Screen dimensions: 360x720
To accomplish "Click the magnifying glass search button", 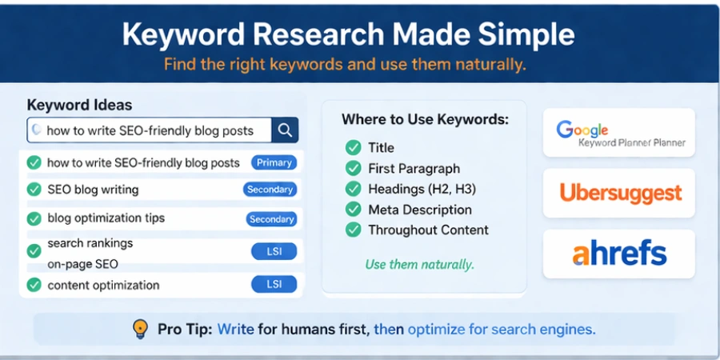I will pos(285,130).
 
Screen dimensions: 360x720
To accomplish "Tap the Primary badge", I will pos(274,162).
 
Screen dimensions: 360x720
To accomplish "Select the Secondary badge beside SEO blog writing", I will pos(270,190).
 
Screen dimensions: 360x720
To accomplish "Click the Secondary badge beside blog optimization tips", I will pos(271,219).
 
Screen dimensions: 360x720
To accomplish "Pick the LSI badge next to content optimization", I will pos(274,284).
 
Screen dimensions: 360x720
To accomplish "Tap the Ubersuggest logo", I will pos(619,193).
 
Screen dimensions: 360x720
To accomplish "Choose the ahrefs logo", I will pos(619,254).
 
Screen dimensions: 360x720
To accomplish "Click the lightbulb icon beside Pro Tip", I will pos(140,329).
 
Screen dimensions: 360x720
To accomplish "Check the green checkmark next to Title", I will pos(353,147).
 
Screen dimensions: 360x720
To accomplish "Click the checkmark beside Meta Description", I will pos(353,210).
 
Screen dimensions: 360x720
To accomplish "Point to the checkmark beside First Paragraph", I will pos(353,168).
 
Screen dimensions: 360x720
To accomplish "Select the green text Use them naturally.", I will pos(419,264).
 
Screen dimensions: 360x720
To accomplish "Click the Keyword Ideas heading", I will pos(79,105).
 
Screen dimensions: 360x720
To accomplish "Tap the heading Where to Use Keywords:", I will pos(425,120).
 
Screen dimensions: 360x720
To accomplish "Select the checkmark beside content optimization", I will pos(34,285).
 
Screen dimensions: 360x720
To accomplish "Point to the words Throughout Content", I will pos(428,230).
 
